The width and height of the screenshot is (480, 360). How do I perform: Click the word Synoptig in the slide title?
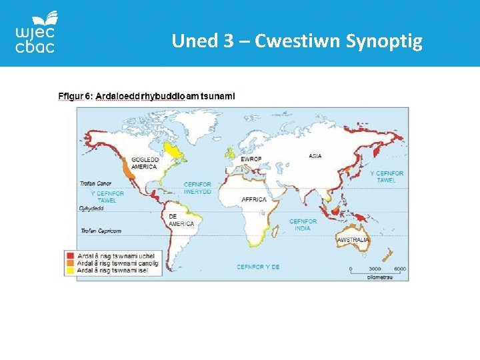tap(385, 41)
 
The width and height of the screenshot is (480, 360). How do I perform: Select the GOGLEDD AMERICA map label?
tap(145, 163)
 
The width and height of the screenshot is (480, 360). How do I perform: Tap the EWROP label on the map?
tap(251, 159)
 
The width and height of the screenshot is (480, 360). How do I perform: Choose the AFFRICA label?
tap(254, 199)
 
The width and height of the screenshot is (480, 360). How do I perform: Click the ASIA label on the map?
tap(315, 156)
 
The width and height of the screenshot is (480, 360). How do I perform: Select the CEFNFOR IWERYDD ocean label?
tap(197, 187)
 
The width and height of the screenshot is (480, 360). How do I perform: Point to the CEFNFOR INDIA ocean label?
tap(303, 225)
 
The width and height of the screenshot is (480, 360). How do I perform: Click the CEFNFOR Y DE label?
tap(258, 267)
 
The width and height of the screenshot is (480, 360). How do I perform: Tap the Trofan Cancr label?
tap(95, 183)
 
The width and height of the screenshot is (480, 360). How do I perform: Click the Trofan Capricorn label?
tap(101, 231)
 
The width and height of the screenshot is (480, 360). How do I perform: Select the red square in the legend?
tap(69, 254)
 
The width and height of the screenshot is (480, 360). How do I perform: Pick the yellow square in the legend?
tap(69, 270)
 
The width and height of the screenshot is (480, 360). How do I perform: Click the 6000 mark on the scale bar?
tap(399, 268)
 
